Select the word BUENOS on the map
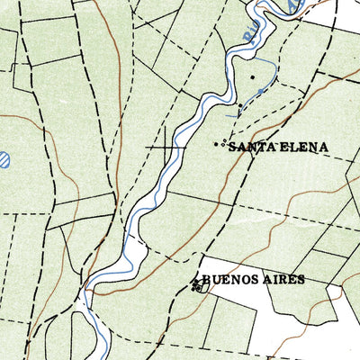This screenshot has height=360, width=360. [x=229, y=280]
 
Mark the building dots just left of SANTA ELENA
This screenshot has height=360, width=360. [x=218, y=144]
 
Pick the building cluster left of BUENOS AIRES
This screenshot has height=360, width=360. [x=195, y=284]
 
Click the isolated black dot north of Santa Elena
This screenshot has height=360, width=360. [x=254, y=77]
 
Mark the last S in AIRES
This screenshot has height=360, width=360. [x=301, y=280]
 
